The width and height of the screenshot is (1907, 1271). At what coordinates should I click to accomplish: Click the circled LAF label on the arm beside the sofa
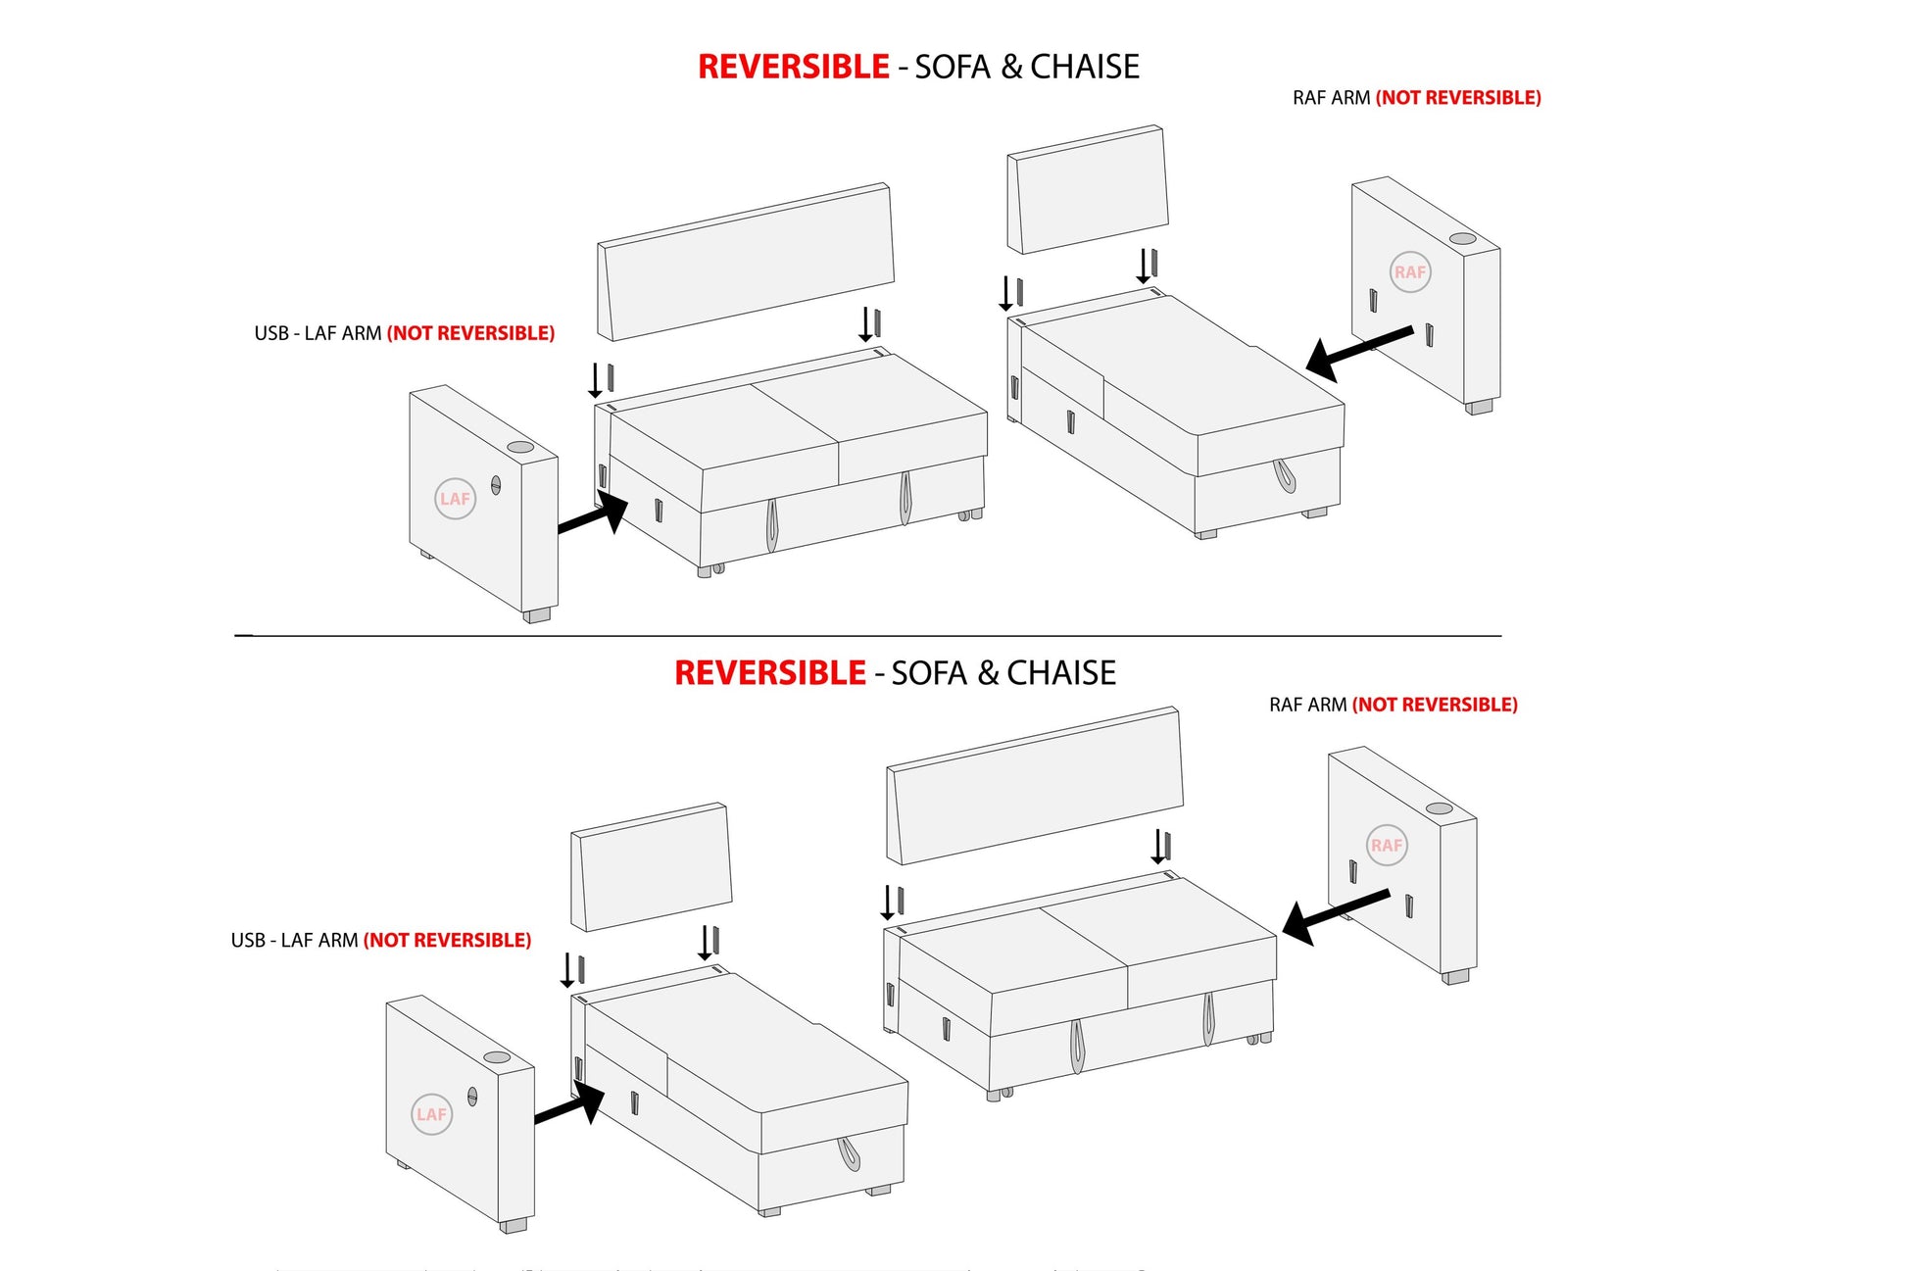pos(455,499)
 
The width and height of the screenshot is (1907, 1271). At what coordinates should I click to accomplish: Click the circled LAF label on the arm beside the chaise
pos(431,1114)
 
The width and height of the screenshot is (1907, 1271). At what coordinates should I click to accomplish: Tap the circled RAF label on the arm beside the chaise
pos(1410,272)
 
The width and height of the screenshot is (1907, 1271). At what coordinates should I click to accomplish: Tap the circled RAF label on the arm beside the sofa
pos(1387,846)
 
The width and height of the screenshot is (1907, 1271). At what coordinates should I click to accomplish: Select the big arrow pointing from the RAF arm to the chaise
pos(1358,350)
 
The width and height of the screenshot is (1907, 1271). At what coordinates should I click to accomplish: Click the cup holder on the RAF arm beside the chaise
pos(1462,238)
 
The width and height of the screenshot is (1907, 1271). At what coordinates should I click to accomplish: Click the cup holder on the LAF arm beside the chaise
pos(497,1057)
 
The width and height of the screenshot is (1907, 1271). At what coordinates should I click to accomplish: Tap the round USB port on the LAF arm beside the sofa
pos(496,484)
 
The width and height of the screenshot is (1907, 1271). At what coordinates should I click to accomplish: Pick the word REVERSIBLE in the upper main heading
pos(793,67)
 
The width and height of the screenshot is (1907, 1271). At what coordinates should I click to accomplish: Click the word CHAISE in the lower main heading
pos(1061,673)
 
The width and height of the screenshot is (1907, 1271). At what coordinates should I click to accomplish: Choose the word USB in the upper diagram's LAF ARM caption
pos(271,333)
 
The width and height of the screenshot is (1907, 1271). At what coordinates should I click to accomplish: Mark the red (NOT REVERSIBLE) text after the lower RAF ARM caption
pos(1435,705)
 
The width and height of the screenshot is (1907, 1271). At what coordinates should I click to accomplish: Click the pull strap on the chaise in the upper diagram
pos(1284,475)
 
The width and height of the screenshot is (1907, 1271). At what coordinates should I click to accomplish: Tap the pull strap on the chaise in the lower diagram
pos(848,1153)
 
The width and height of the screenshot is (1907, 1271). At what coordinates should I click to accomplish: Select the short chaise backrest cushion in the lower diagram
pos(652,867)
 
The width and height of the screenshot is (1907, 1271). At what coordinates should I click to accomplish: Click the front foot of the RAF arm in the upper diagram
pos(1479,406)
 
